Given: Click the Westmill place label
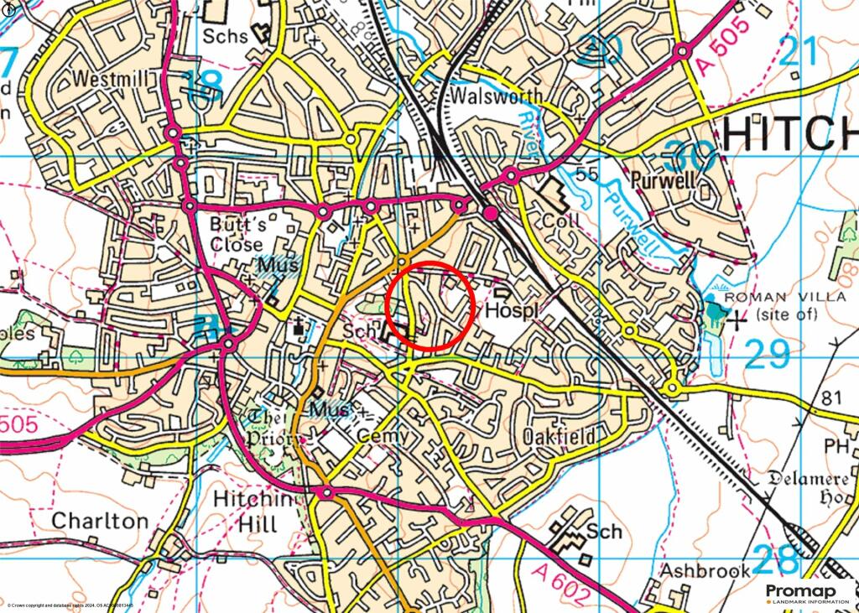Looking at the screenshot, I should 115,78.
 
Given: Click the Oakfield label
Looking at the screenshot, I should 559,437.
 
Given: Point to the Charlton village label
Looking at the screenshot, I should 100,520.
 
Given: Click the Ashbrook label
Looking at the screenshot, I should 704,571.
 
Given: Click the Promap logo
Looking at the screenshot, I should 807,595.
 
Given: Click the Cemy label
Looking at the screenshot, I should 384,436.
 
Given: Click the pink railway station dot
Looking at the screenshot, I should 491,215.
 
